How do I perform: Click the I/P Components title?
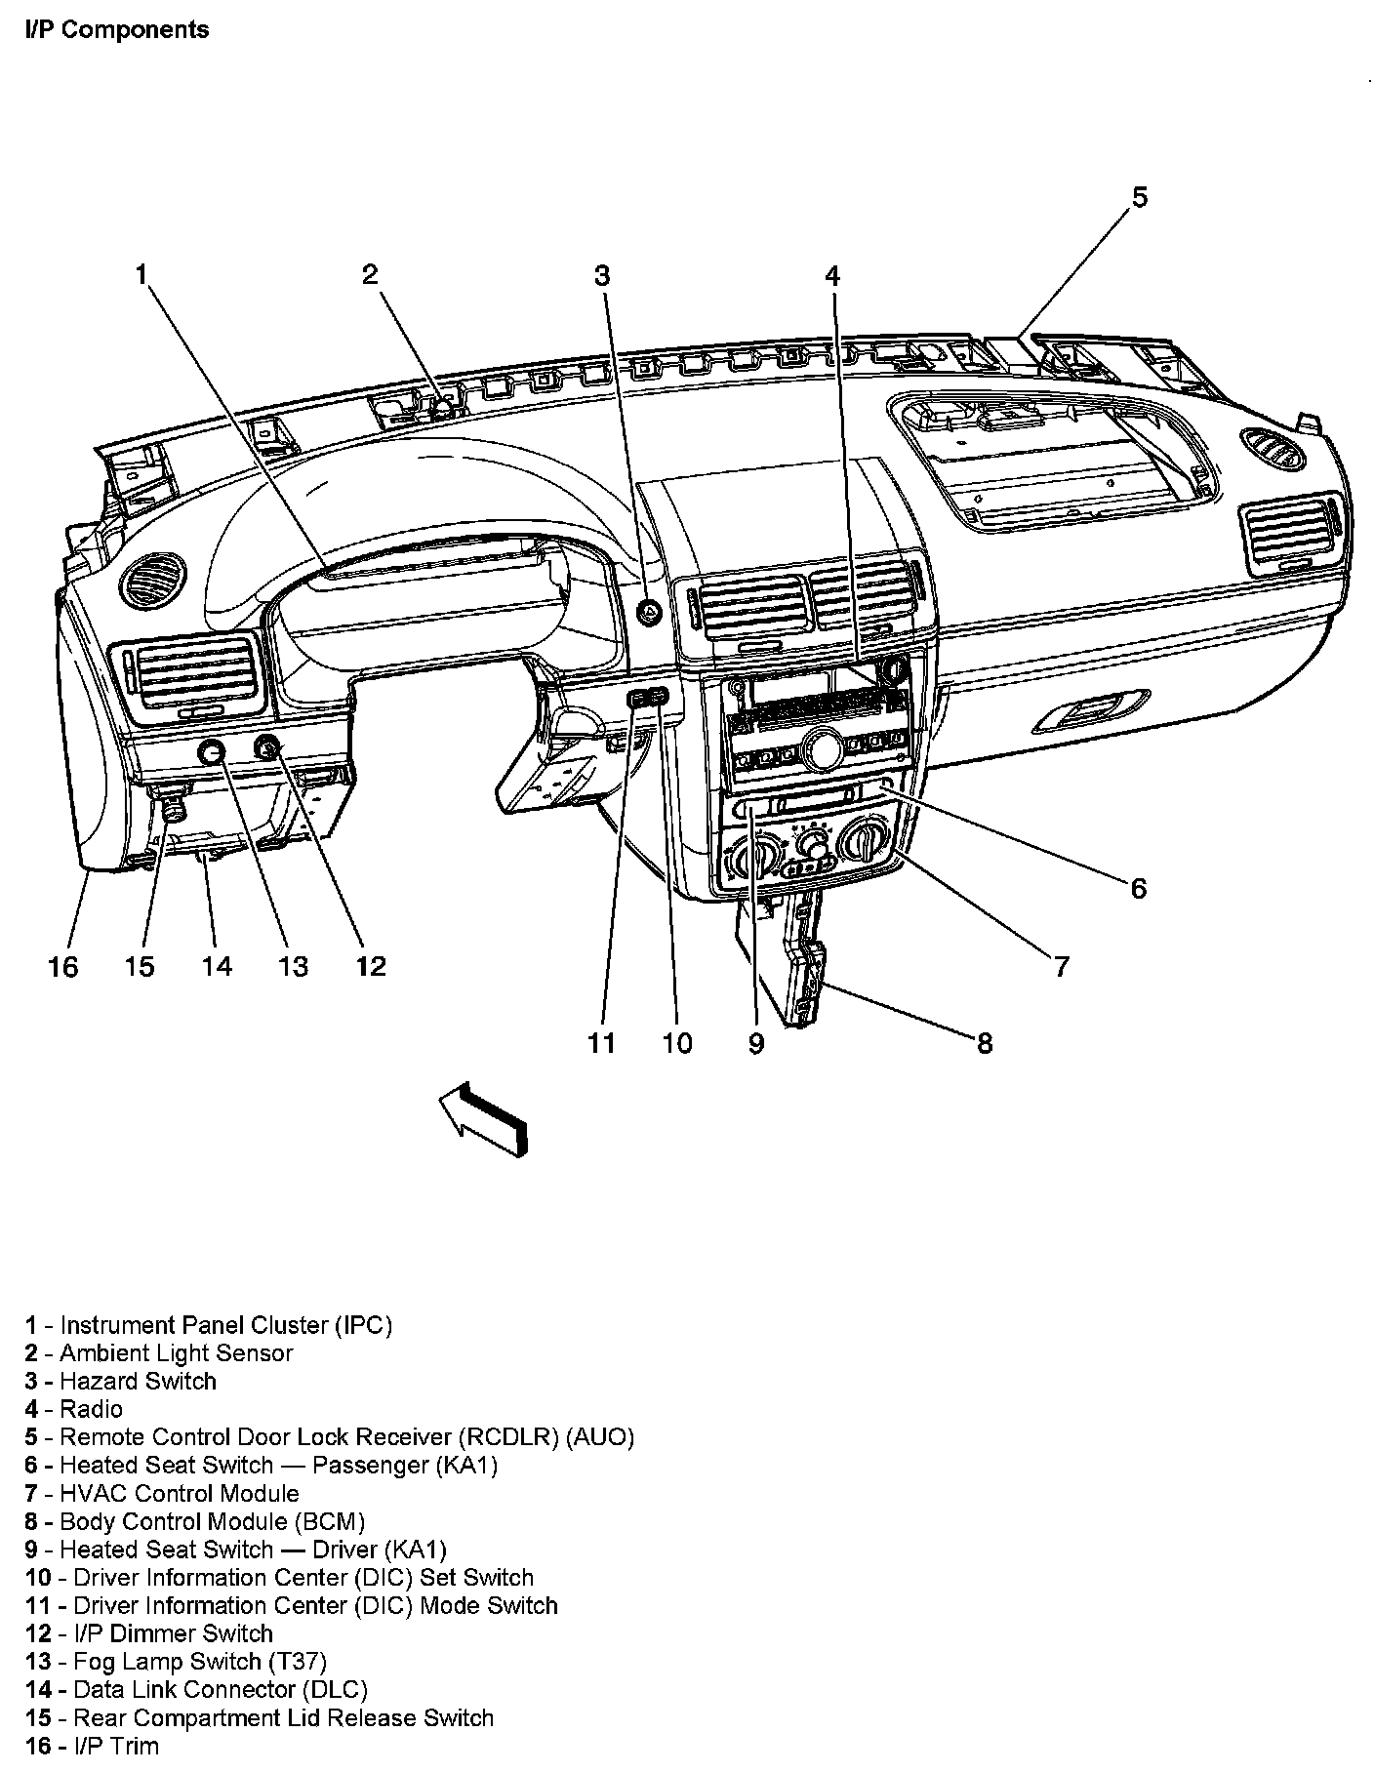click(x=116, y=29)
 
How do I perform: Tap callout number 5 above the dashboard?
click(x=1139, y=198)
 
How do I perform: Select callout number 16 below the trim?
click(x=62, y=966)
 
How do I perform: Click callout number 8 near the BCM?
click(x=984, y=1043)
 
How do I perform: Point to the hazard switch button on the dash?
click(x=648, y=613)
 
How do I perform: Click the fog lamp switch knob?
click(x=212, y=751)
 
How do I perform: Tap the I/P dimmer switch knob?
click(x=266, y=748)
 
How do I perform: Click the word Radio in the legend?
click(x=91, y=1408)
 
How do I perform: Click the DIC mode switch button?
click(x=637, y=698)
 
